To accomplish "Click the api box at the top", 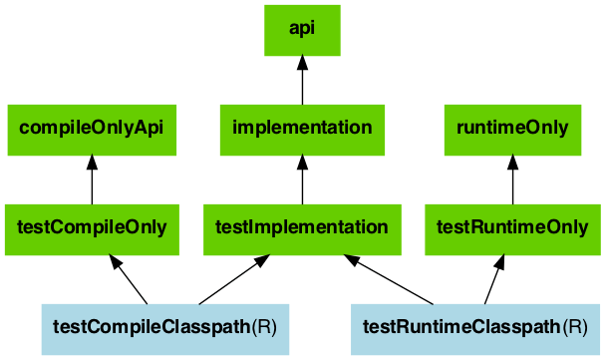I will (x=302, y=30).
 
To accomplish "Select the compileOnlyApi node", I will (x=92, y=129).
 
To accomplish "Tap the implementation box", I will (x=302, y=129).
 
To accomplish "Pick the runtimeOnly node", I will (x=512, y=129).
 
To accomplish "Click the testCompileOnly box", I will (x=92, y=227).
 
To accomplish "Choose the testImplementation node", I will (x=302, y=227).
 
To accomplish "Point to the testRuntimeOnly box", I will (x=512, y=227).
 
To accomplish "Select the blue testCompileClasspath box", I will (x=164, y=327).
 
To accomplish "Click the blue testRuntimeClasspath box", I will (x=475, y=327).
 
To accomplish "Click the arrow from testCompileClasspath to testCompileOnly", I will (x=130, y=279).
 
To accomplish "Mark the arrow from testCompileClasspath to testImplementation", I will (x=234, y=279).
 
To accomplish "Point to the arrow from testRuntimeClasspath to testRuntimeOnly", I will (x=494, y=279).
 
